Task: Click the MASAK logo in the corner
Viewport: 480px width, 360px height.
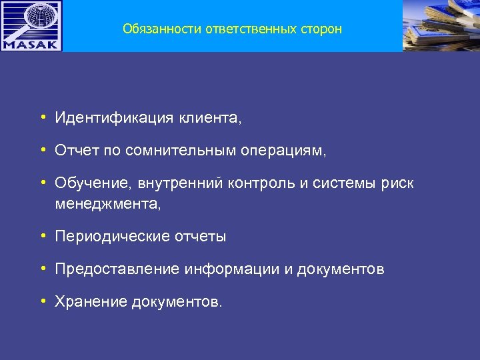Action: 31,26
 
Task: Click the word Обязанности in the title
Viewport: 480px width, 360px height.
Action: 155,29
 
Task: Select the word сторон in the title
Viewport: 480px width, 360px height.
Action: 321,29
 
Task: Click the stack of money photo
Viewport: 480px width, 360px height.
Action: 441,25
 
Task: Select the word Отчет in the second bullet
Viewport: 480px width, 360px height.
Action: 76,151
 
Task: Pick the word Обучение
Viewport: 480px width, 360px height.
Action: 87,183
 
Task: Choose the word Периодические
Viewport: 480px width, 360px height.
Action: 111,237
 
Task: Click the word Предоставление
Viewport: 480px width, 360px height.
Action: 117,269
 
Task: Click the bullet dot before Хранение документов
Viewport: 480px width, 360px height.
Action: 42,301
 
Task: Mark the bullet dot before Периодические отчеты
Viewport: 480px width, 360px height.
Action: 42,236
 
